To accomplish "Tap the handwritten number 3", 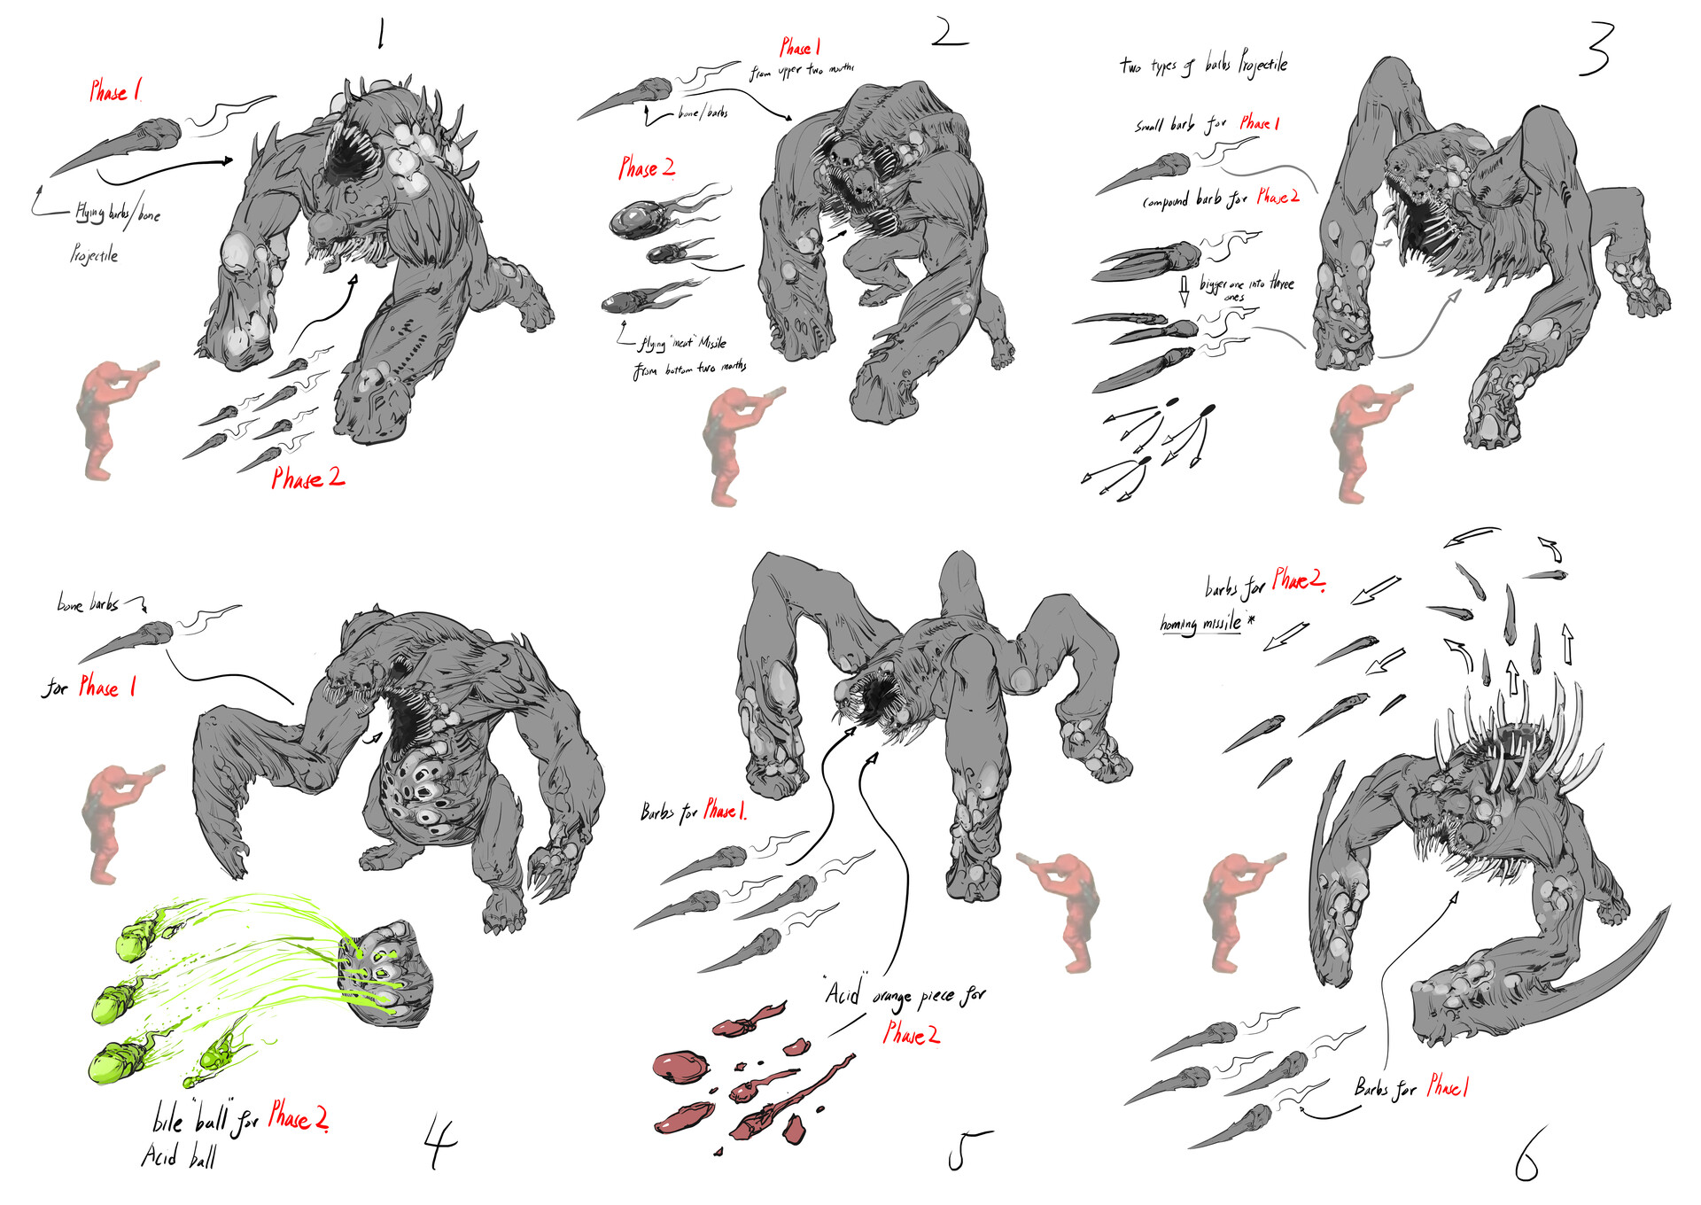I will click(x=1596, y=50).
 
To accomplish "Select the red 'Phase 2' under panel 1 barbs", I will click(x=307, y=478).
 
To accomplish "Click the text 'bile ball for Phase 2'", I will click(x=239, y=1119).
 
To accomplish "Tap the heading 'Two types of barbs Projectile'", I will click(x=1203, y=64).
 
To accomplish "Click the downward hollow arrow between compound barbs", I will click(x=1184, y=290).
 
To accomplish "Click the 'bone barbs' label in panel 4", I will click(x=89, y=604).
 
